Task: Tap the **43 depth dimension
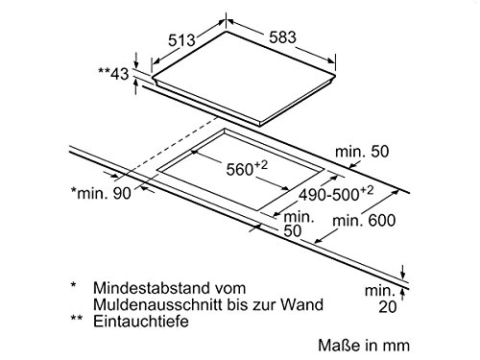(114, 72)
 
